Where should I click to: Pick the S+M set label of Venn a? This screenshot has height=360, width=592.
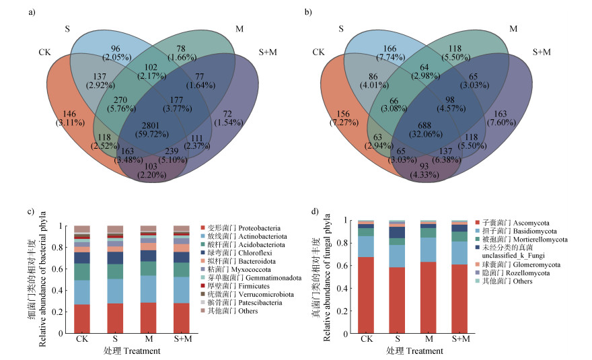point(268,52)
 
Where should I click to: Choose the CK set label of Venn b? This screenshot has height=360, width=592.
point(319,52)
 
